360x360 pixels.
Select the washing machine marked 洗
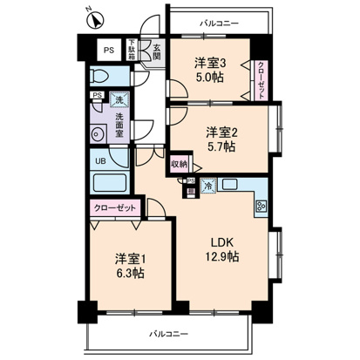tap(117, 100)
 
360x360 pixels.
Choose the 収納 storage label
tap(178, 163)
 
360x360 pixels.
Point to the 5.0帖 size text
tap(211, 76)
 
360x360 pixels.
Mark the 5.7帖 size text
tap(221, 147)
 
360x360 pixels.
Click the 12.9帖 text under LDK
tap(222, 256)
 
